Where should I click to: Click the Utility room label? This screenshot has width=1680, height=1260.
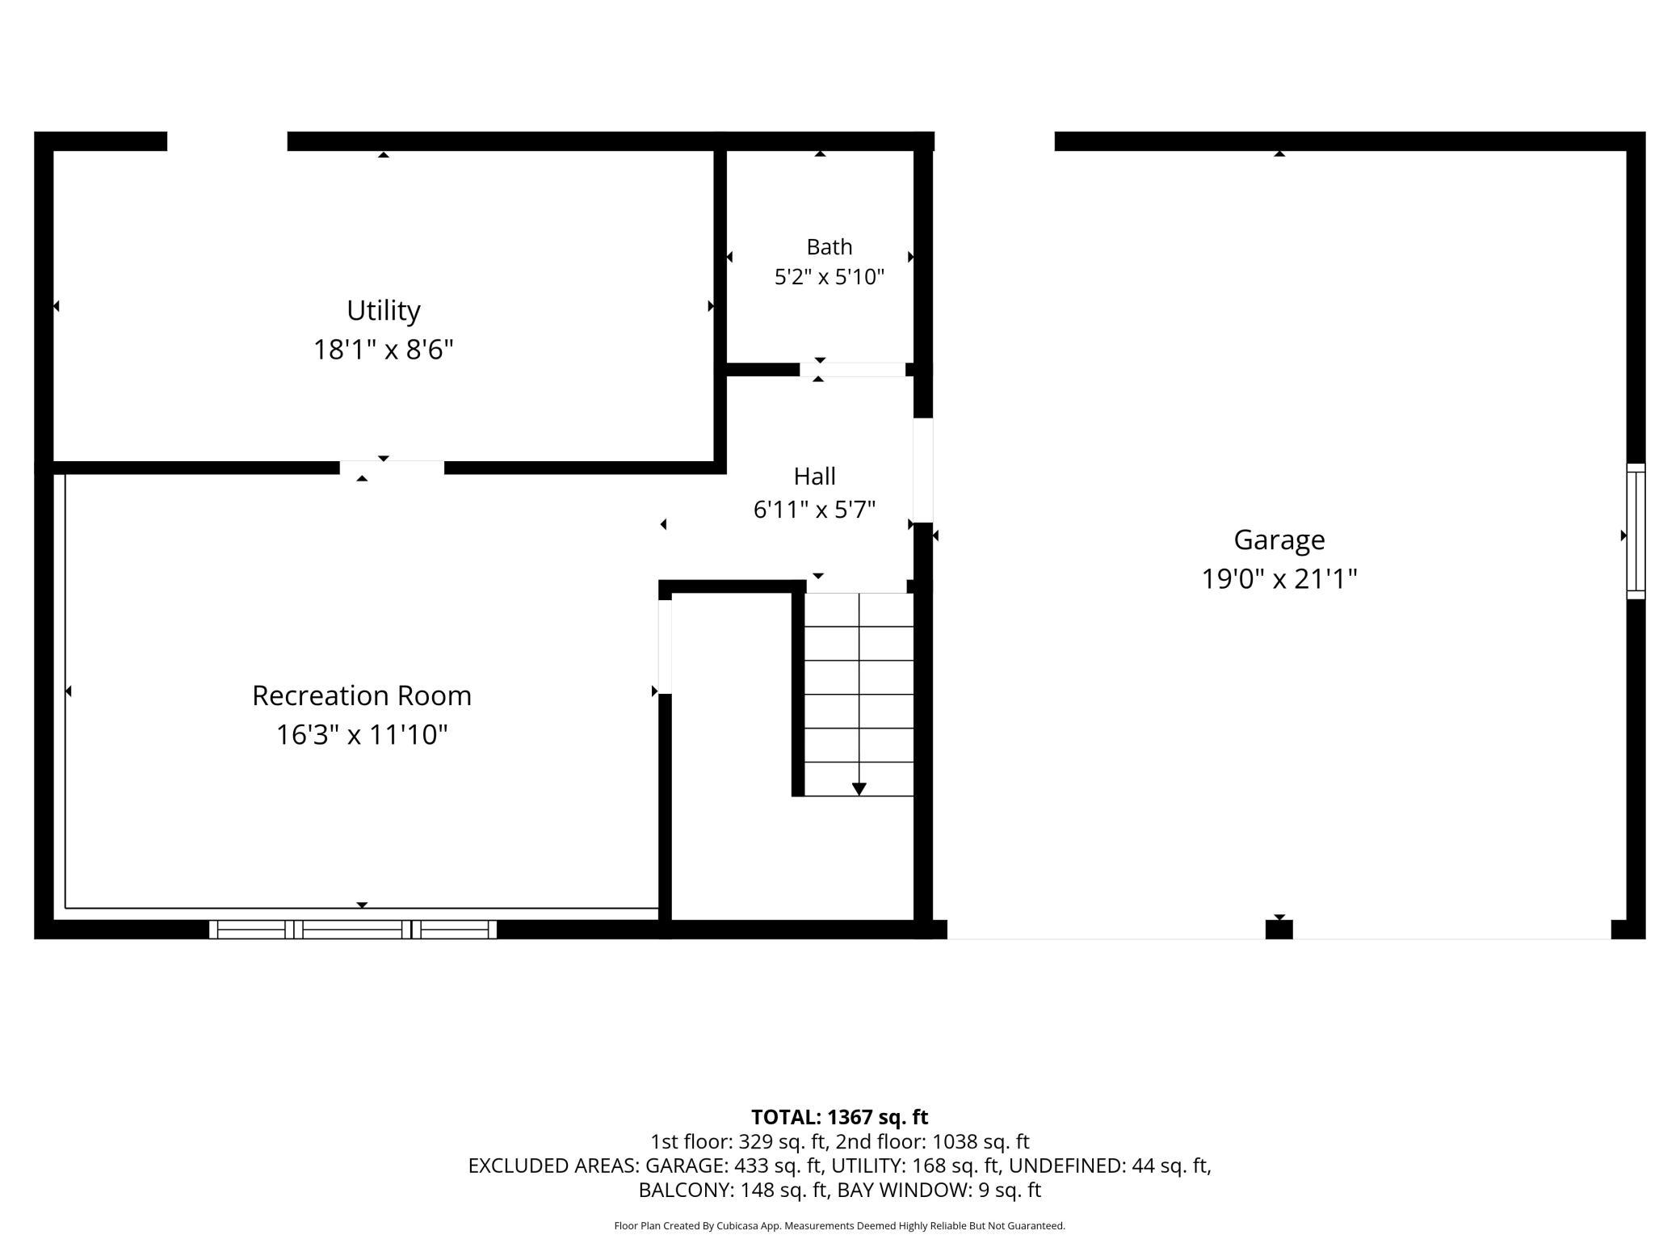click(384, 311)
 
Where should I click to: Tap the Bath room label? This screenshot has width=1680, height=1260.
click(829, 246)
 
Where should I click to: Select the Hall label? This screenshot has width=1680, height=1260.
click(814, 476)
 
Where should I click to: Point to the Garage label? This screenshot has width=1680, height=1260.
click(1279, 540)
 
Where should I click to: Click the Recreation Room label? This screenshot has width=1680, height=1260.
click(362, 695)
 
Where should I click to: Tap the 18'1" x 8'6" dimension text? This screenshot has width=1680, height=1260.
click(384, 350)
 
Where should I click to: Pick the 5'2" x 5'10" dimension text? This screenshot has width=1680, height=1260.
click(829, 277)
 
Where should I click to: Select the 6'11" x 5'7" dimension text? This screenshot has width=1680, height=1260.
click(814, 510)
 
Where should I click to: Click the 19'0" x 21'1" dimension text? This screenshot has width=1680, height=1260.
click(1279, 579)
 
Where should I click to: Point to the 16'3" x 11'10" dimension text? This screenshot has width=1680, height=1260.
click(362, 735)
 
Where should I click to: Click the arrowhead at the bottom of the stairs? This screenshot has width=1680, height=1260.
click(859, 789)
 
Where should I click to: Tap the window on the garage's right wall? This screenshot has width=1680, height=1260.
click(1636, 531)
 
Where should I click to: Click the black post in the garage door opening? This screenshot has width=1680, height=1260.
click(1279, 930)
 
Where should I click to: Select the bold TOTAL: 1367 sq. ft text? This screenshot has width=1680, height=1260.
click(840, 1117)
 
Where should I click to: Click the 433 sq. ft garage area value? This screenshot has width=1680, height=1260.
click(779, 1165)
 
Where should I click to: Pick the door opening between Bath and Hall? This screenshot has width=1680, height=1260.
click(853, 370)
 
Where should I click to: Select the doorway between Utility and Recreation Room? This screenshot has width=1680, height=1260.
click(392, 468)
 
